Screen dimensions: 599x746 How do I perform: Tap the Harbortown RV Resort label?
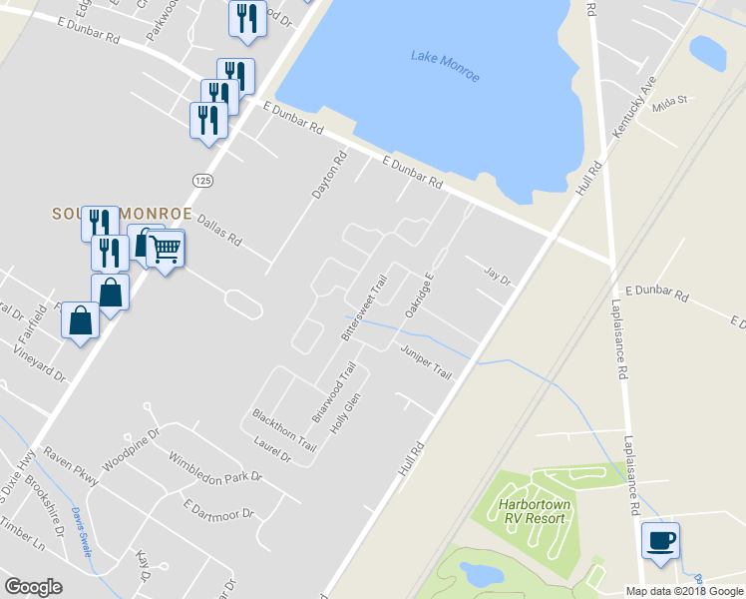click(x=536, y=512)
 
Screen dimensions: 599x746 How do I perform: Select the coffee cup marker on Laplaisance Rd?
click(x=660, y=541)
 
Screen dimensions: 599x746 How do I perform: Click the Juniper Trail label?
click(x=426, y=361)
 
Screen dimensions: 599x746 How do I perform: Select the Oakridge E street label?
click(x=420, y=297)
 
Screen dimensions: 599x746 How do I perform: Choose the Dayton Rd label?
click(x=328, y=174)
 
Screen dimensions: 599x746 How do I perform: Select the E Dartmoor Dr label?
click(x=219, y=509)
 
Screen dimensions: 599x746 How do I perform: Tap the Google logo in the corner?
click(x=33, y=587)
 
